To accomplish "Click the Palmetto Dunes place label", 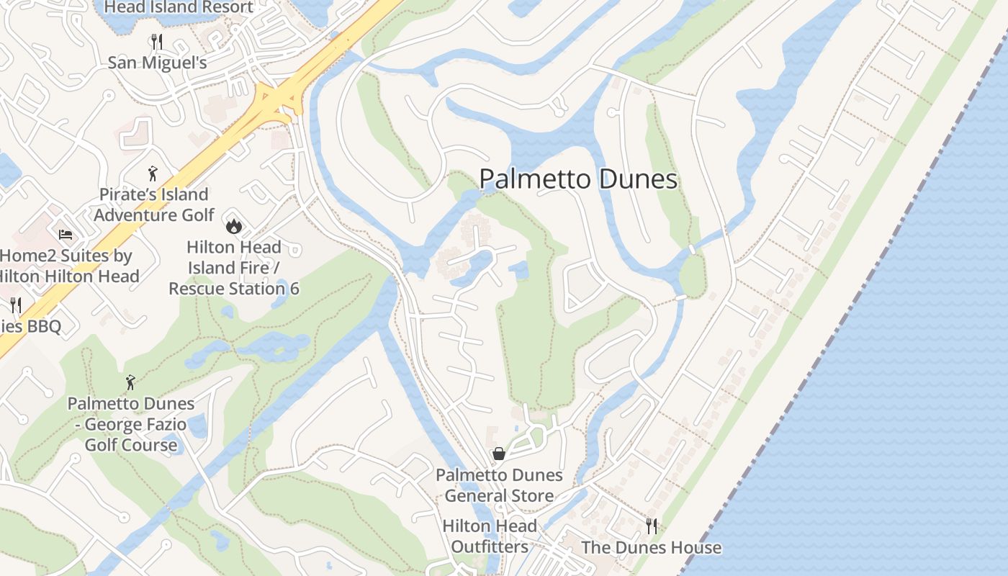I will [578, 179].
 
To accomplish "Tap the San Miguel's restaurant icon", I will [158, 42].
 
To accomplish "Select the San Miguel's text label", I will [158, 63].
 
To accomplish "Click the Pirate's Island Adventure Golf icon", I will [152, 174].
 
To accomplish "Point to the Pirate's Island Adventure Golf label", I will [154, 204].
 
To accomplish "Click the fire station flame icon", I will [233, 226].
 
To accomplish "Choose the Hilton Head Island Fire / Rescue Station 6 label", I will [234, 268].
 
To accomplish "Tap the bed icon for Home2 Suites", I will [66, 235].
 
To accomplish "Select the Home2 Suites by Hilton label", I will [66, 266].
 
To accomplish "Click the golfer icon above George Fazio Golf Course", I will [130, 382].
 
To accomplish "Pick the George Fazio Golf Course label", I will [131, 424].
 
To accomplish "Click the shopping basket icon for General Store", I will [498, 454].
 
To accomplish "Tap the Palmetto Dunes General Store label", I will [499, 485].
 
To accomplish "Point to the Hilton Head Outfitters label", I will [490, 536].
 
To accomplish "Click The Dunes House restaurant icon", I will [652, 526].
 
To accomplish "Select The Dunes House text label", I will [651, 547].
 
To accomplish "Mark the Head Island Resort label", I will [179, 8].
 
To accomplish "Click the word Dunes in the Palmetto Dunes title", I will [636, 179].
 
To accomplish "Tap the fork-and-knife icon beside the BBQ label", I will [17, 305].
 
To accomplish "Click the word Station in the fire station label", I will [261, 289].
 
